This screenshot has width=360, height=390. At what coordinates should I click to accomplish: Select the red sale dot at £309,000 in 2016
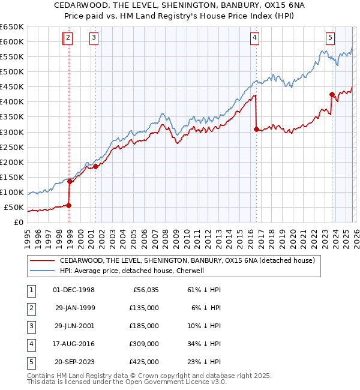(256, 128)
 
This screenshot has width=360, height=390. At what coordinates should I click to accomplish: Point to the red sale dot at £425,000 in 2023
(332, 94)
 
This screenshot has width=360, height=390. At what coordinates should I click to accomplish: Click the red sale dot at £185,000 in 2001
(95, 166)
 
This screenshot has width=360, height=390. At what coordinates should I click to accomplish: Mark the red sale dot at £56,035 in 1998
(68, 205)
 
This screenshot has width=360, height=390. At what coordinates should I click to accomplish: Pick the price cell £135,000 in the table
(144, 308)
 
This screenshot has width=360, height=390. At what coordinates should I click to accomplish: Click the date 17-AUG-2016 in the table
(74, 344)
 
